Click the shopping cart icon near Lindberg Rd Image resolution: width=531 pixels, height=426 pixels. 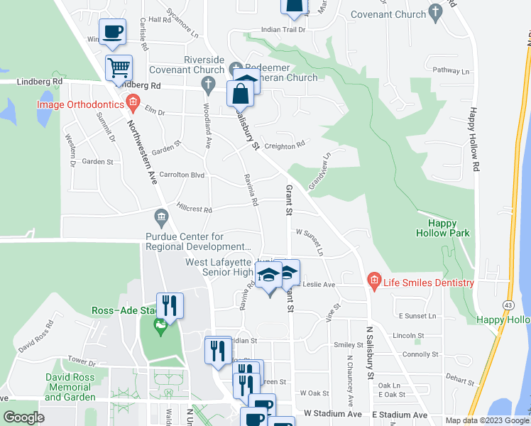click(119, 69)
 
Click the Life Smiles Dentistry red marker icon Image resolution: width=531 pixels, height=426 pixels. click(374, 283)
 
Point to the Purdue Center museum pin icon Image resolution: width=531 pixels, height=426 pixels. click(161, 216)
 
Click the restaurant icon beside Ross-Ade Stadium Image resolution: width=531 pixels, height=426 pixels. click(170, 306)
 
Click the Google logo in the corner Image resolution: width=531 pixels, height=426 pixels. click(24, 417)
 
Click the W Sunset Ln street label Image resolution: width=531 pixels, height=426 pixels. click(310, 241)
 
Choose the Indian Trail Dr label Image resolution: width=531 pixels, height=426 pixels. click(283, 30)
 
